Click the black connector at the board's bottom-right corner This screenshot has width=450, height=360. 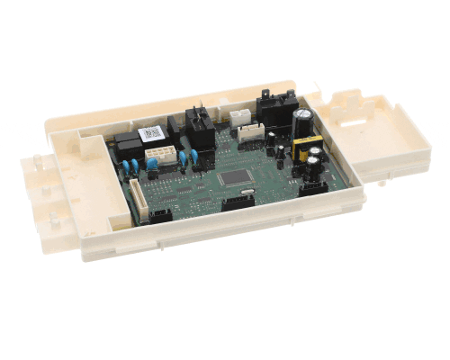click(x=311, y=186)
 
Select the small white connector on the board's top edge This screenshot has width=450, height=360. click(x=239, y=117)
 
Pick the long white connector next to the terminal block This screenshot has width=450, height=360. click(x=253, y=132)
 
